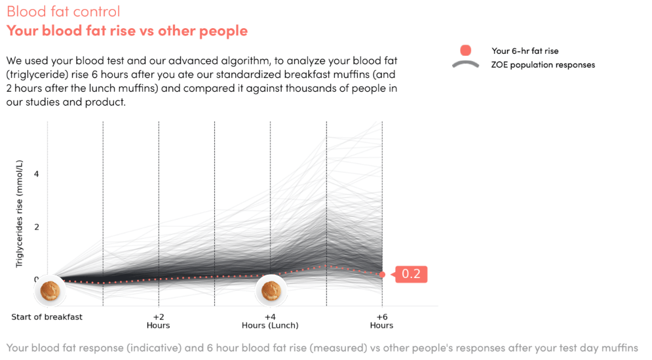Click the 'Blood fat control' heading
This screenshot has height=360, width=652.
tap(63, 12)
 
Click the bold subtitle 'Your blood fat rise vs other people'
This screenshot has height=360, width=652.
tap(127, 31)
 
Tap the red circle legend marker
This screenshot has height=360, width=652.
tap(465, 50)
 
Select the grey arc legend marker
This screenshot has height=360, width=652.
tap(465, 64)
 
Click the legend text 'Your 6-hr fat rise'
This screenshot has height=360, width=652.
tap(525, 50)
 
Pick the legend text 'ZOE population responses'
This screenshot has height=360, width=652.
tap(543, 65)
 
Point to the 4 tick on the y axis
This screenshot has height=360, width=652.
tap(37, 174)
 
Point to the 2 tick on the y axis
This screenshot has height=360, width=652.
tap(37, 227)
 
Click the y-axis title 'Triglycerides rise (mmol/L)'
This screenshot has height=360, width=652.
tap(20, 213)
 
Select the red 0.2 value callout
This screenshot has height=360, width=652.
tap(410, 274)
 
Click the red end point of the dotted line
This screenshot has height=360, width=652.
tap(382, 274)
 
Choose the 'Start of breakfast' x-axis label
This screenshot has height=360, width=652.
tap(47, 317)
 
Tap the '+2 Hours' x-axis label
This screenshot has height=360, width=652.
tap(159, 321)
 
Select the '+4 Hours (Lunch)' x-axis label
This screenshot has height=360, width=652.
tap(270, 321)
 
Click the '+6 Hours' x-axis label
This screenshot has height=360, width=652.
tap(381, 321)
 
